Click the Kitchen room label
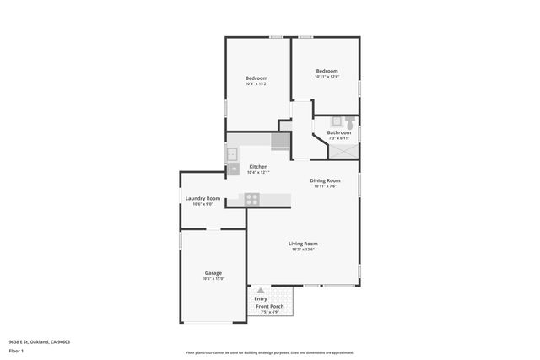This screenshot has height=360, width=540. coord(258,167)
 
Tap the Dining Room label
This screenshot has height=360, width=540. coord(325,180)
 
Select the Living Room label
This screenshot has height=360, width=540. coord(302,244)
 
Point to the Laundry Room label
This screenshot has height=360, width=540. coord(202,198)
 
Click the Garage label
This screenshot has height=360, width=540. coord(213,273)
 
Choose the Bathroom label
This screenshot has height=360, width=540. coord(339,132)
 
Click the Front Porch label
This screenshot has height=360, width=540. coord(270,306)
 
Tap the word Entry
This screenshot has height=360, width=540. coord(261,298)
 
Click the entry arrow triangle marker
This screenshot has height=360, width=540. coord(260,291)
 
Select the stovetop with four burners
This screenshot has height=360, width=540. coord(251,199)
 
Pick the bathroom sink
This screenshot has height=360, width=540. coord(334,121)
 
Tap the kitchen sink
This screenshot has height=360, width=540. coord(231,154)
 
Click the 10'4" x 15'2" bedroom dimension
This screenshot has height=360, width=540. coord(256,83)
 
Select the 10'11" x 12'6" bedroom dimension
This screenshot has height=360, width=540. coord(327,77)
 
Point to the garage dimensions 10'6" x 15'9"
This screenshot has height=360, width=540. coord(213,279)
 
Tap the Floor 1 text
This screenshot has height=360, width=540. coord(15,352)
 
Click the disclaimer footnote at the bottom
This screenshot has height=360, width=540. coord(269,352)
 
